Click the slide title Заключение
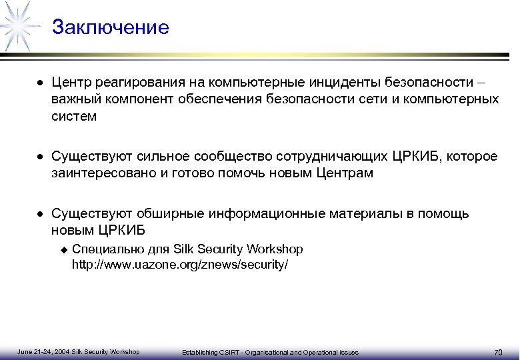[x=111, y=28]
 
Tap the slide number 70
[x=497, y=352]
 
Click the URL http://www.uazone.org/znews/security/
[x=180, y=265]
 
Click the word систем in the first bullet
[x=74, y=116]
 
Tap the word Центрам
[x=348, y=173]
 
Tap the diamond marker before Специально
[x=64, y=249]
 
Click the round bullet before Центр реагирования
[x=41, y=84]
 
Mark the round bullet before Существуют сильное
[x=41, y=157]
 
